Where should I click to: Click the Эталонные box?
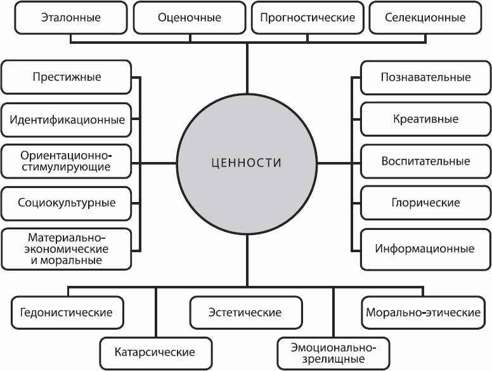(70, 18)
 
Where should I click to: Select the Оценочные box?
(190, 18)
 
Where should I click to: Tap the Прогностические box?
(307, 18)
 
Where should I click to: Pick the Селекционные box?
(425, 18)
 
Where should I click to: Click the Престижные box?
(67, 78)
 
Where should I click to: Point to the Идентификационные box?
(67, 119)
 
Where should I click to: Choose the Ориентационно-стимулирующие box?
(67, 161)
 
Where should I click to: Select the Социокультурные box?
(67, 203)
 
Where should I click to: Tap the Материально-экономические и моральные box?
(67, 248)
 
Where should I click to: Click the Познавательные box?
(425, 78)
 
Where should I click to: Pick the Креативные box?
(425, 119)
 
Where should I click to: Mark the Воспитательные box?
(425, 161)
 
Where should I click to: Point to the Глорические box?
(425, 203)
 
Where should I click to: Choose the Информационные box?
(425, 248)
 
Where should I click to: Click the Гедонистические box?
(67, 313)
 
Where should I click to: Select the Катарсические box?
(155, 351)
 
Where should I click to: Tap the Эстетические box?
(245, 313)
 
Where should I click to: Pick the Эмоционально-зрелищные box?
(333, 351)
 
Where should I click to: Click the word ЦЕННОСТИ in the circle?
(246, 163)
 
